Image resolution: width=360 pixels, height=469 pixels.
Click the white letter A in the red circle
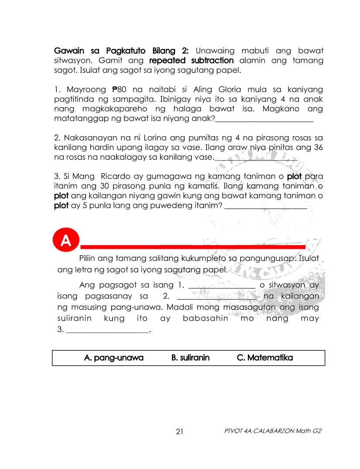(66, 241)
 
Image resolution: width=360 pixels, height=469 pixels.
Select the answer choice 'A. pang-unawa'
(113, 358)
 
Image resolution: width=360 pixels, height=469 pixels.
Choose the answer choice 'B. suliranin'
(190, 358)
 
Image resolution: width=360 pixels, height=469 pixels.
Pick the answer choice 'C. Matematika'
(265, 358)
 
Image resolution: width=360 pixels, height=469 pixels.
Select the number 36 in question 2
(318, 147)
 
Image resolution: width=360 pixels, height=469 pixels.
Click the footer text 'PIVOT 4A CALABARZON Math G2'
(273, 431)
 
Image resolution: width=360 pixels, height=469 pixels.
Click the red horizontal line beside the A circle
(192, 247)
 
